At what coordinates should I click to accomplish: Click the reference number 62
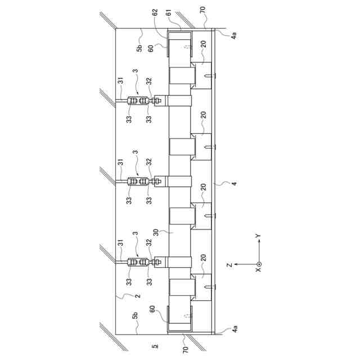tap(155, 12)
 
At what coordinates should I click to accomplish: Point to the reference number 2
tap(137, 295)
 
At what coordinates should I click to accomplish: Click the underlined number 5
tap(155, 345)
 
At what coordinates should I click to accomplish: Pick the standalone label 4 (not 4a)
tap(234, 183)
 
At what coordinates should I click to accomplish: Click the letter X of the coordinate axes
tap(259, 269)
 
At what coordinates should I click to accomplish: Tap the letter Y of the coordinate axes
tap(258, 236)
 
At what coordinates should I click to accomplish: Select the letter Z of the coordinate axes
tap(229, 265)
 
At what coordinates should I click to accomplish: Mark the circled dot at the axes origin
tap(259, 264)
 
